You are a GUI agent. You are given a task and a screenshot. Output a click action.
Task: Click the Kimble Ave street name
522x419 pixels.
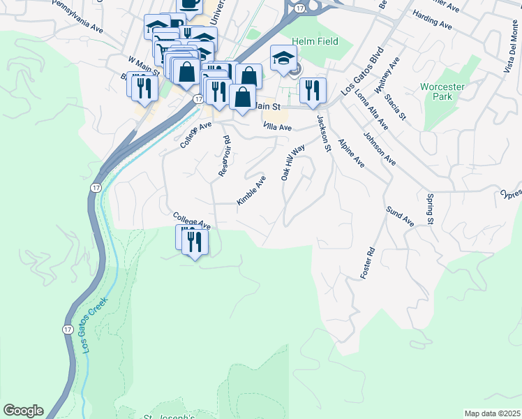251,190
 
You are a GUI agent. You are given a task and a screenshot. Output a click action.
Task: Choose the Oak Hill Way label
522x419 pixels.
293,163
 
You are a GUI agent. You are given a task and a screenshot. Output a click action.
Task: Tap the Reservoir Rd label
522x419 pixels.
224,156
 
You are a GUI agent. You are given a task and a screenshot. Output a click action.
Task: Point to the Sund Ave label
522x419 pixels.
400,215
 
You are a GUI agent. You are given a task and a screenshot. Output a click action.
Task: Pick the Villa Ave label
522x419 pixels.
277,128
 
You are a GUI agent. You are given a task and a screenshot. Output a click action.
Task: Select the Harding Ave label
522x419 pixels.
433,19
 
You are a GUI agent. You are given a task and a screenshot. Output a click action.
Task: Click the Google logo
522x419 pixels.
23,411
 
